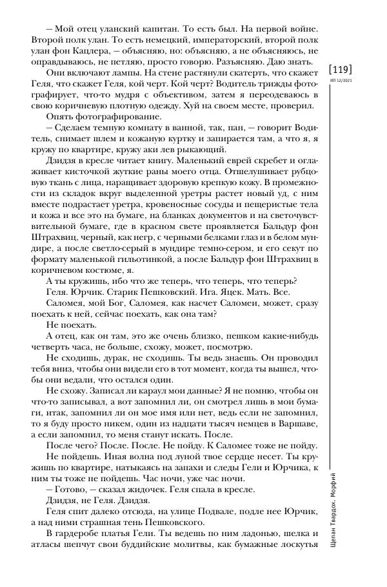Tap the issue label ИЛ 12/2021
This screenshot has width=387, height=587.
point(340,81)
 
